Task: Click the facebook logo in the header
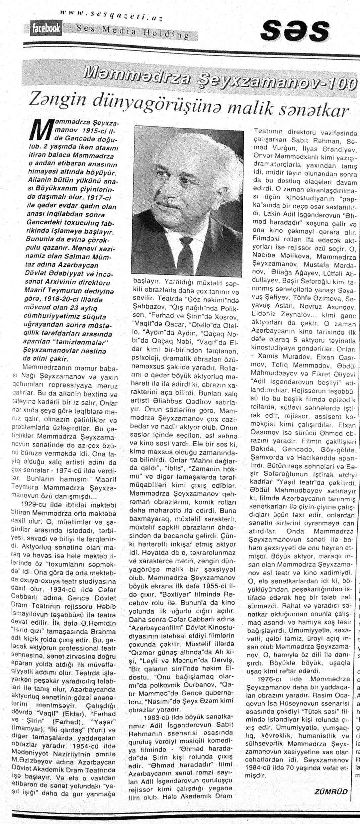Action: [x=46, y=29]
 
